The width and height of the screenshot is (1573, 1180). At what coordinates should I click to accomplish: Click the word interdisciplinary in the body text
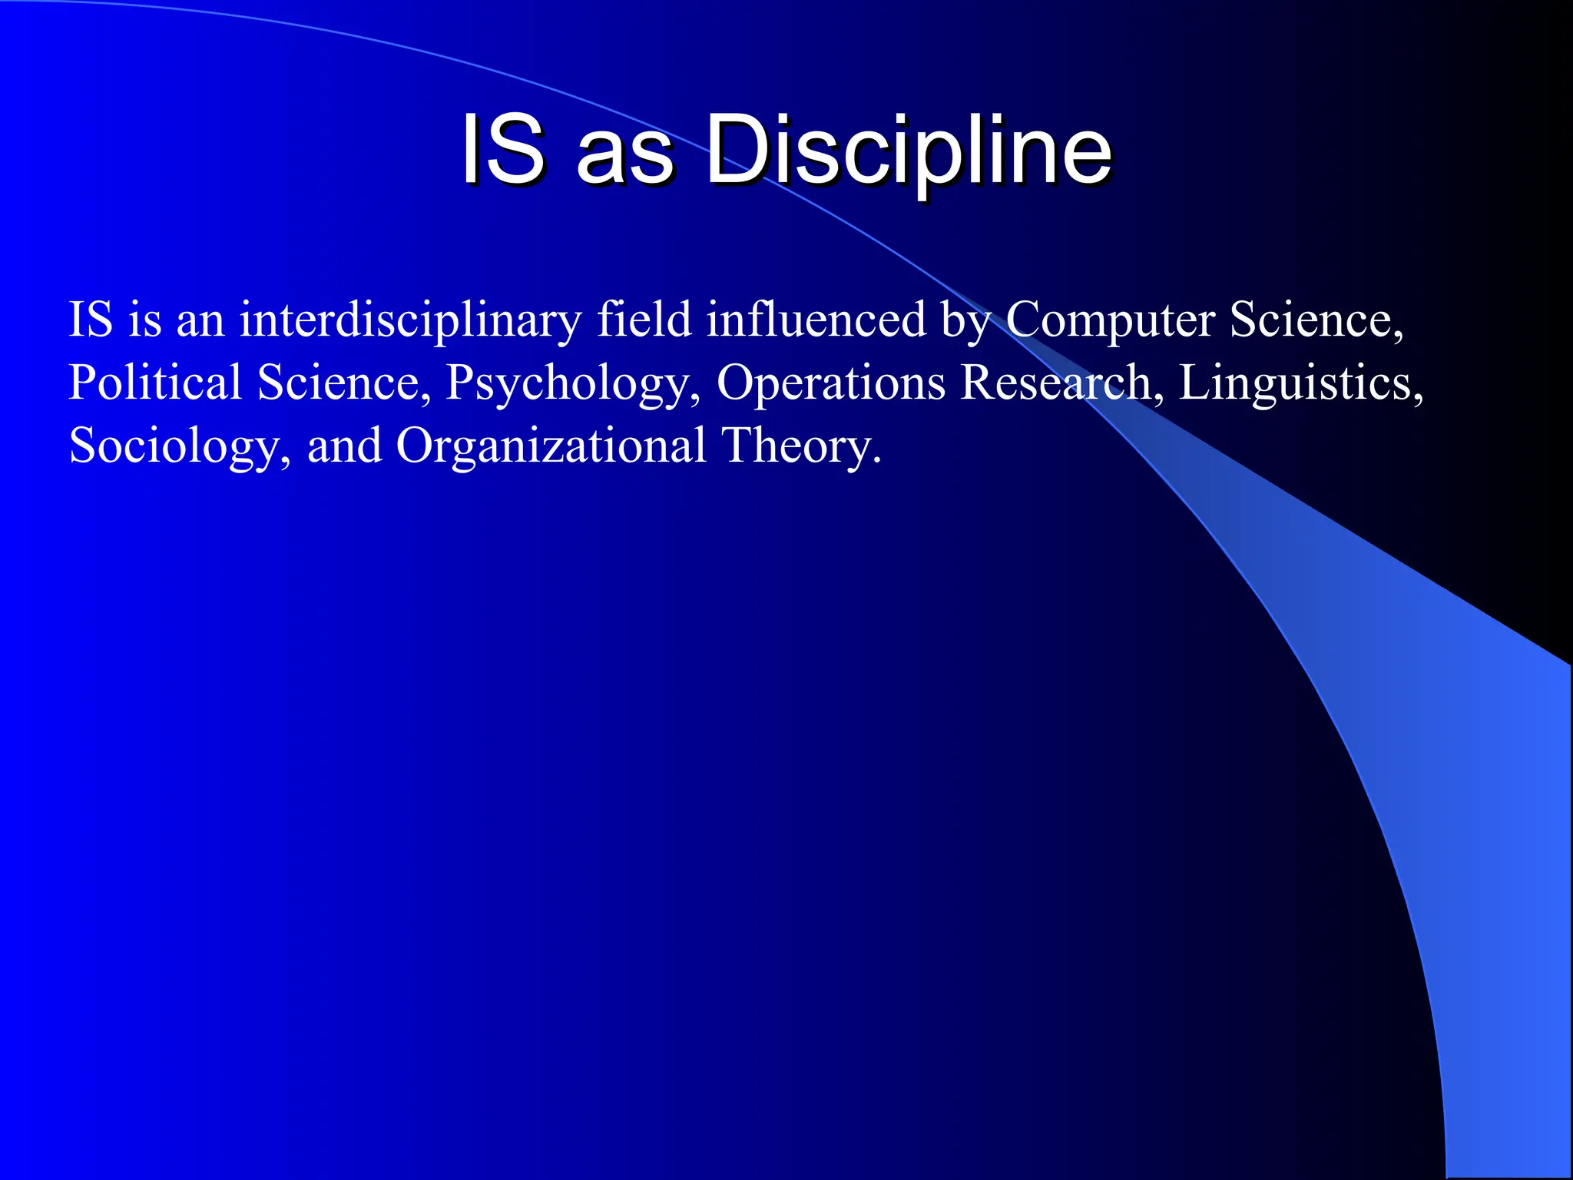(x=410, y=320)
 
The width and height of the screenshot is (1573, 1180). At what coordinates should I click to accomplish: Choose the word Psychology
(x=572, y=383)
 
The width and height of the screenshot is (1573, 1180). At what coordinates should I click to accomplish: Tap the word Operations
(x=830, y=383)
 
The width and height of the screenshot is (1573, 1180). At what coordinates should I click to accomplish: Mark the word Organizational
(x=551, y=446)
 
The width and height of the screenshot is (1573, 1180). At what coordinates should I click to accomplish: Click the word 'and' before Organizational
(x=344, y=446)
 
